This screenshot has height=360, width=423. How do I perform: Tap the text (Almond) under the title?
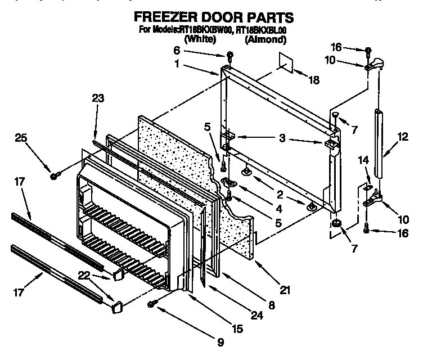coord(265,40)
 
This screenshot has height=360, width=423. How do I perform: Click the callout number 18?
coord(313,80)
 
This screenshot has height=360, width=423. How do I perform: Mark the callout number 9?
coord(220,341)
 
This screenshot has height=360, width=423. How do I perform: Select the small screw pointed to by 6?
coord(229,55)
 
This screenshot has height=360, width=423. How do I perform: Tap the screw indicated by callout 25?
coord(55,176)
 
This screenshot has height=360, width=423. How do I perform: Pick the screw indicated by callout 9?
coord(151,304)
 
